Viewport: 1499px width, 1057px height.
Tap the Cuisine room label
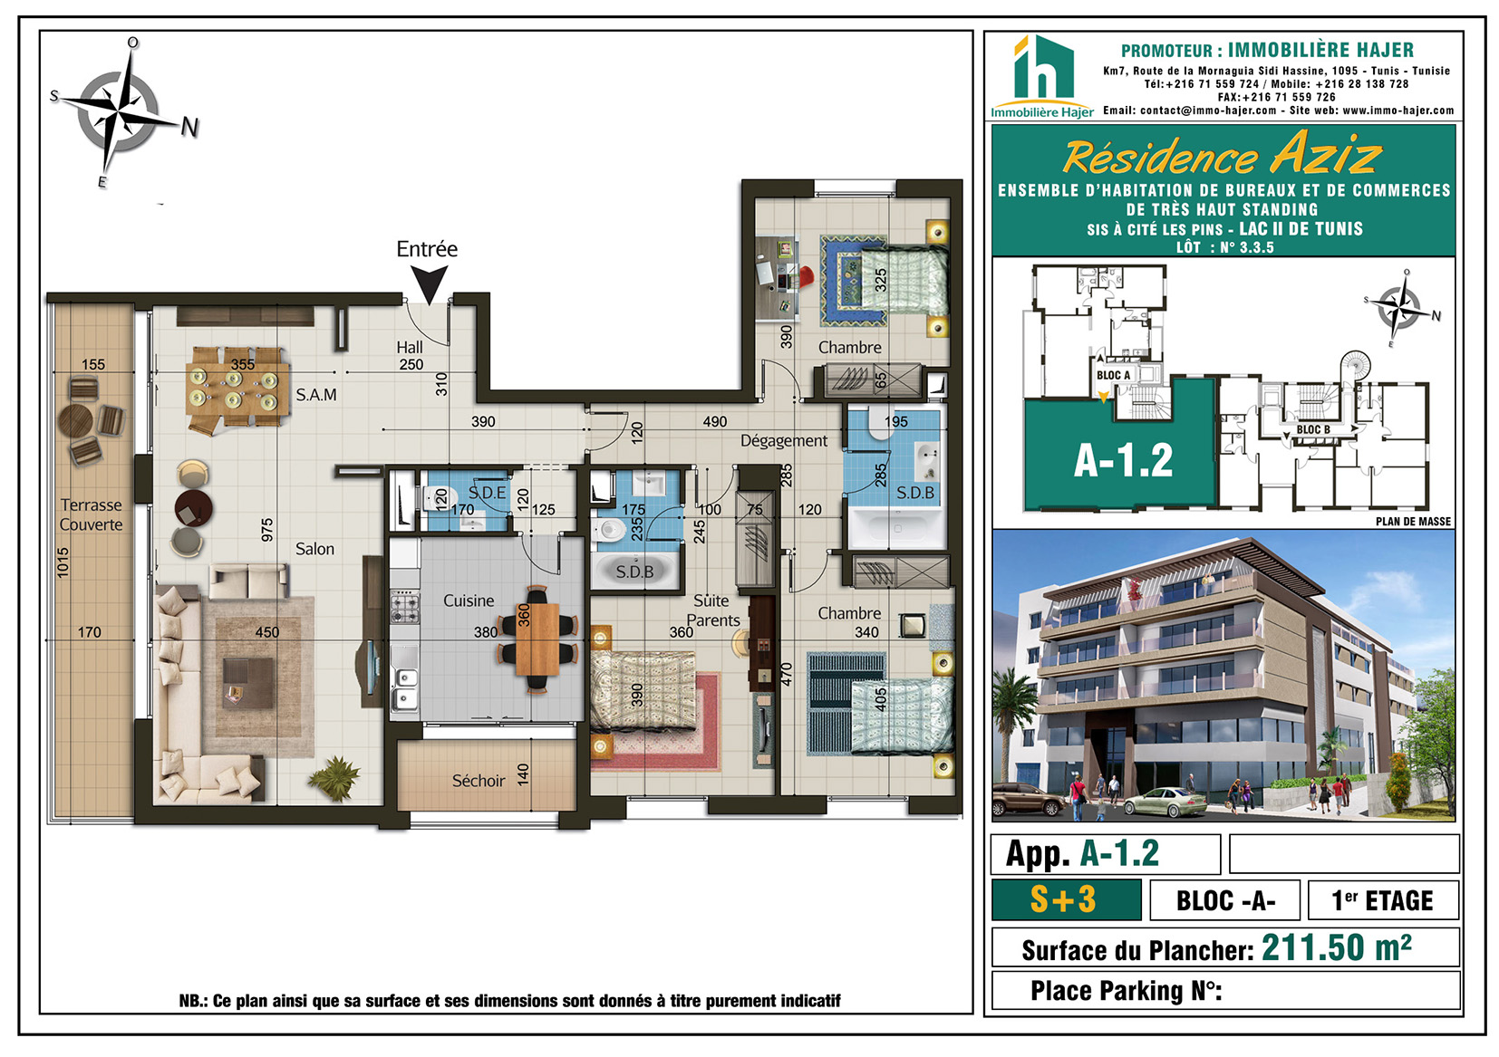pos(469,601)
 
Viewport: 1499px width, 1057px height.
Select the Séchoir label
pos(479,781)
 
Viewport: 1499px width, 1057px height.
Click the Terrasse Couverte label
pos(91,514)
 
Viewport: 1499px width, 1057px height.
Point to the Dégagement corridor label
pos(784,441)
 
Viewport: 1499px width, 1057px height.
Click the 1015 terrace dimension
pos(63,562)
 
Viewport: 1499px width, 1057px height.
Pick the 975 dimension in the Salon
pos(267,530)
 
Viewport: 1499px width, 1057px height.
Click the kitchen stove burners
pos(404,607)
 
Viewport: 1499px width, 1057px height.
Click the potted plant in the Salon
pos(334,777)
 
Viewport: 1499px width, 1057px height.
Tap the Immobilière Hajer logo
pos(1042,77)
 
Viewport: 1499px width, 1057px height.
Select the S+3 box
pos(1066,899)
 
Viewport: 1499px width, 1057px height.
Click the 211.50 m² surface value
pos(1337,946)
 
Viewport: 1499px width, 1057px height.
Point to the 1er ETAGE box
pos(1383,899)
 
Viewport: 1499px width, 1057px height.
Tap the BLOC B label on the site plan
pos(1313,429)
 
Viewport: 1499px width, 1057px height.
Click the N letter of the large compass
pos(190,127)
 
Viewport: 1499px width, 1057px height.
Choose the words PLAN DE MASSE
pos(1413,521)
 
